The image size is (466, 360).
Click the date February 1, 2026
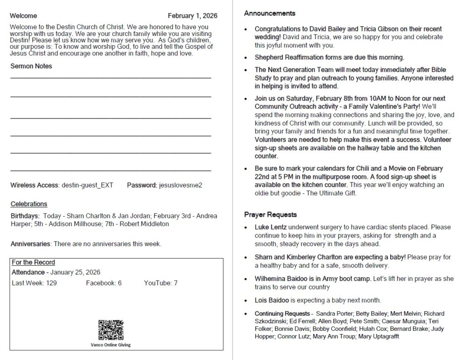[192, 16]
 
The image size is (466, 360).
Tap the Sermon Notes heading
[31, 66]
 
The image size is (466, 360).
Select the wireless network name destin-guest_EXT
[87, 185]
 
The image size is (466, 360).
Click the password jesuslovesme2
[180, 185]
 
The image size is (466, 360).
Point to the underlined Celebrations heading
[29, 204]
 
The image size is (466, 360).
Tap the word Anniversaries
[30, 244]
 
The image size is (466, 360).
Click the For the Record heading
[33, 263]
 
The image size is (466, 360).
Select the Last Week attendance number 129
[51, 283]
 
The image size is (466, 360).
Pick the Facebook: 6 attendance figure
[103, 283]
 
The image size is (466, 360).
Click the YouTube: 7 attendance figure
[161, 283]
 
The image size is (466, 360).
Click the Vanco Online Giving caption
[111, 345]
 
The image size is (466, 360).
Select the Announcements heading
[269, 13]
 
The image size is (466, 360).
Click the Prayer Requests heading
[270, 214]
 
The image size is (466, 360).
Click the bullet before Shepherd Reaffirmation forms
[246, 58]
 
